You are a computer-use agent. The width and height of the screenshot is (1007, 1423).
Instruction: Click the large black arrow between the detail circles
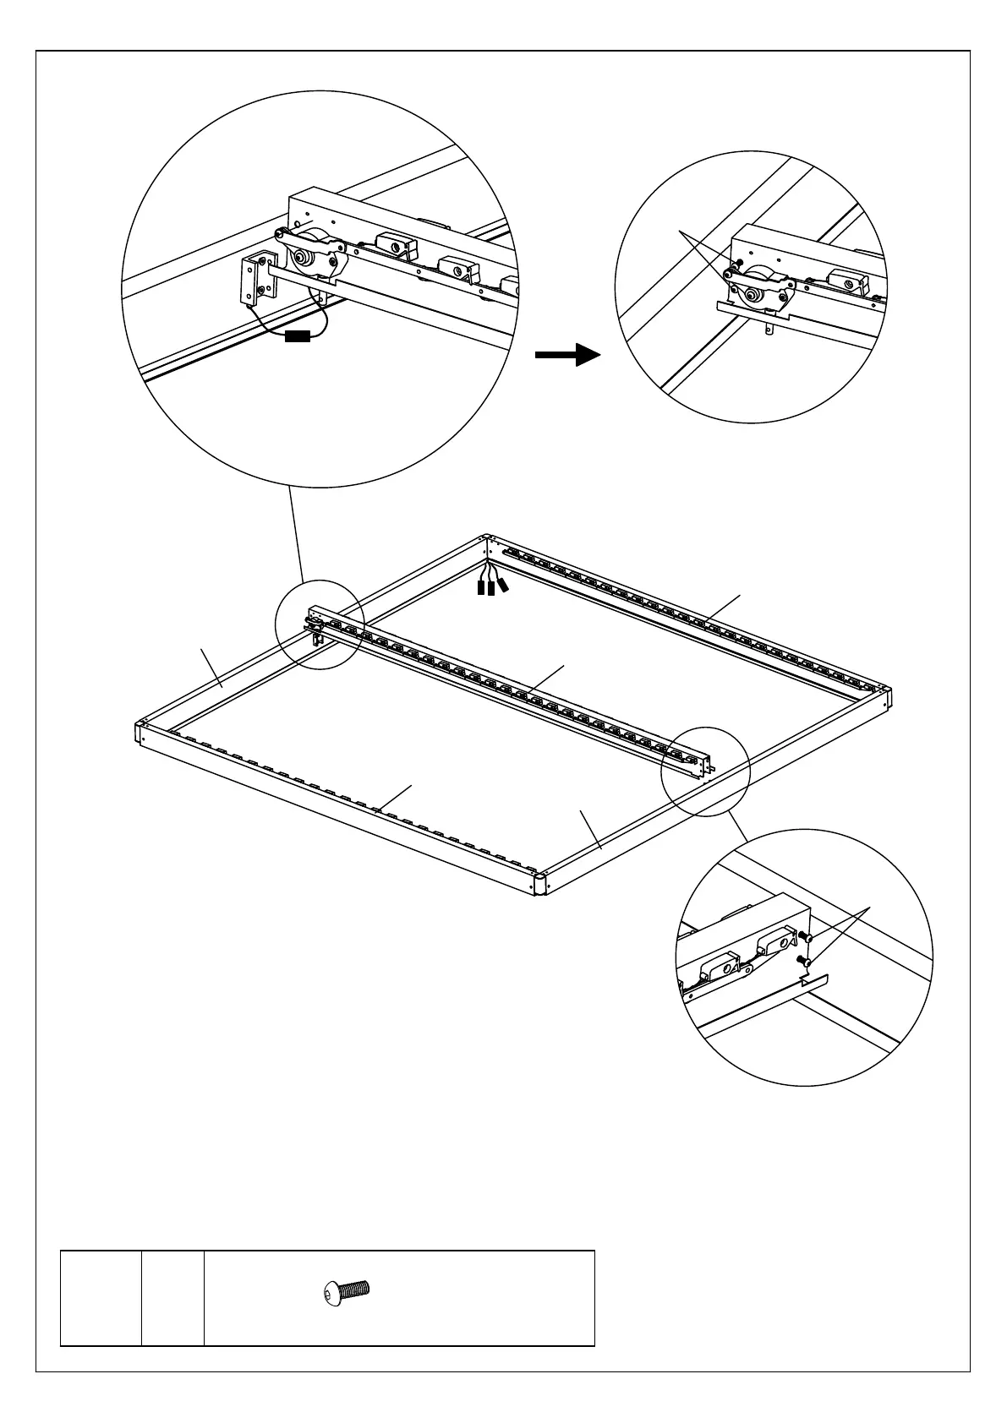(x=567, y=355)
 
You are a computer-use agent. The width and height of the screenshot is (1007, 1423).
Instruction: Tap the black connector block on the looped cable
(x=298, y=337)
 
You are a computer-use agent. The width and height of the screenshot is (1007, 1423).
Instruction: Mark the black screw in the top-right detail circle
(x=739, y=262)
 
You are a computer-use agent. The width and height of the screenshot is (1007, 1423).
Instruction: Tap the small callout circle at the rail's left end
(x=320, y=625)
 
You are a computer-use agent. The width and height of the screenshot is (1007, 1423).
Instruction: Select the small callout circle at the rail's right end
(x=706, y=770)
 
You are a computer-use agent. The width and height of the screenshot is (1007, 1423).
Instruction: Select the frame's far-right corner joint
(x=885, y=698)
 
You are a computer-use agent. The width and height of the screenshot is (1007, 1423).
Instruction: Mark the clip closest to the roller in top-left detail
(x=394, y=245)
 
